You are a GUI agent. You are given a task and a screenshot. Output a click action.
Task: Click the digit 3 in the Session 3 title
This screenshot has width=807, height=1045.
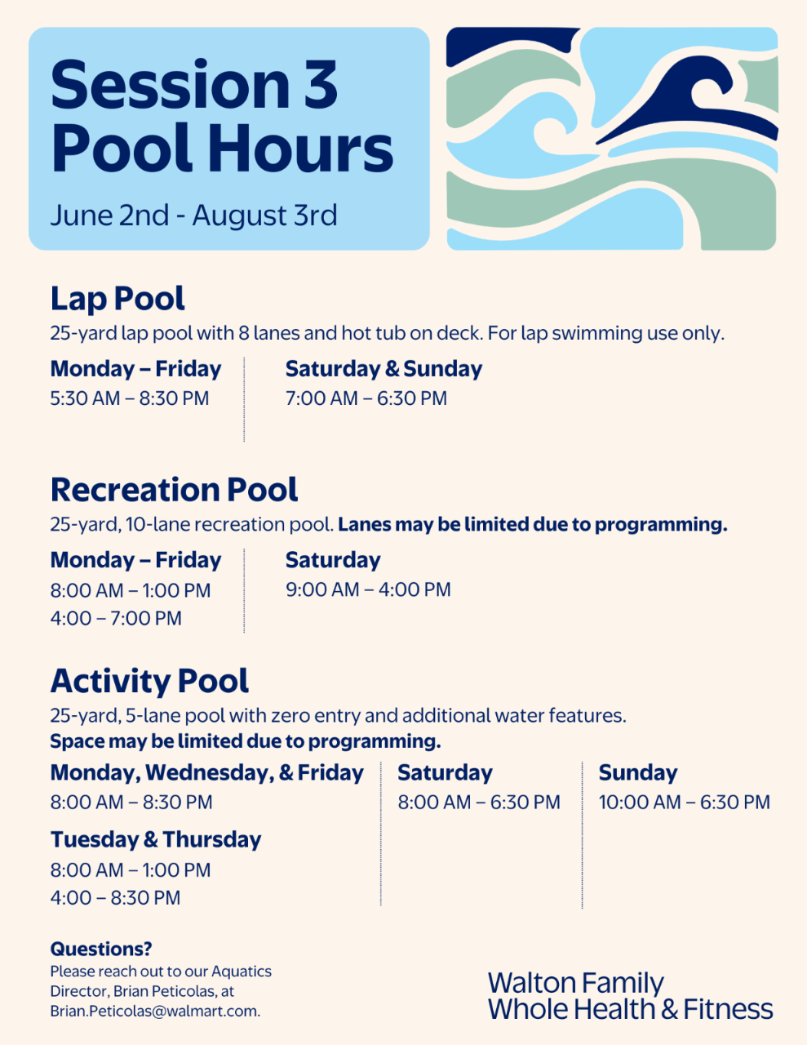pos(321,84)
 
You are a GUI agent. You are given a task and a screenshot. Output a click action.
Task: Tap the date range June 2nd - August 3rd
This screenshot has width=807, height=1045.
pos(193,215)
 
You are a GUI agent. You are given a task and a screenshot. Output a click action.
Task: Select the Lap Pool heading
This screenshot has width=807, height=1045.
pos(118,299)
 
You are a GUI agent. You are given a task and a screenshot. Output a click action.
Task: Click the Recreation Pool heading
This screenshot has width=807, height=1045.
pos(174,490)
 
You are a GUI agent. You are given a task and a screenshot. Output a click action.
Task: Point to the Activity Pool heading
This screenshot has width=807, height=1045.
pos(149,683)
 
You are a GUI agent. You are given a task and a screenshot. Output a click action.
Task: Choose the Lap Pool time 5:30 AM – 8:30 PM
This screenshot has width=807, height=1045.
pos(130,398)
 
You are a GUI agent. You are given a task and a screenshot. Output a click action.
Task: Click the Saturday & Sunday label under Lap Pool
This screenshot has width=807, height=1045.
pos(384,369)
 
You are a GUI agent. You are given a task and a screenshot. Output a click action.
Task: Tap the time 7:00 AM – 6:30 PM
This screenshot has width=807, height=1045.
pos(366,398)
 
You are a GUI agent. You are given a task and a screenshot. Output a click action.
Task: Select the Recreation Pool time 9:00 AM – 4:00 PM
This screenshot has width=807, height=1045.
pos(368,589)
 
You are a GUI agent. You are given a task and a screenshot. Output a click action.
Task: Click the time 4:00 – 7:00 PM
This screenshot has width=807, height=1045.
pos(116,619)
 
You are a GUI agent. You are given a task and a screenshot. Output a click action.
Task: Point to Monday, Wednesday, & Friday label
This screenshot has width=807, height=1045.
pos(207,773)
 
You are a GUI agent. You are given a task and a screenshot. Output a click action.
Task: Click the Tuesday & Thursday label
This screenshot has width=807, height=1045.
pos(156,840)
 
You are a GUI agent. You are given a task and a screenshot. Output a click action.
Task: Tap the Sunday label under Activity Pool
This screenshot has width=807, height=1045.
pos(638,773)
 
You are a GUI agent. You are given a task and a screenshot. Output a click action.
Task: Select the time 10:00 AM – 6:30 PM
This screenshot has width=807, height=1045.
pos(685,803)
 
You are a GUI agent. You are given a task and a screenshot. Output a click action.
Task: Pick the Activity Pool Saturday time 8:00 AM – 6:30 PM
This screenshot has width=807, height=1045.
pos(479,803)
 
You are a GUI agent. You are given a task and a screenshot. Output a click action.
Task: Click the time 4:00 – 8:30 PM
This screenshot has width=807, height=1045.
pos(115,898)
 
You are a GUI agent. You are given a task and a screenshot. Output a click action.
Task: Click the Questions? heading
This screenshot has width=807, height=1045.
pos(101,949)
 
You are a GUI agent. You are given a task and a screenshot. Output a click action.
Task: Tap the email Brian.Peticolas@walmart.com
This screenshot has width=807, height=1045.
pos(155,1012)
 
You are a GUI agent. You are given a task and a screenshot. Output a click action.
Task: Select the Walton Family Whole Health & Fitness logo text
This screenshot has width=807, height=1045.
pos(631,996)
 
